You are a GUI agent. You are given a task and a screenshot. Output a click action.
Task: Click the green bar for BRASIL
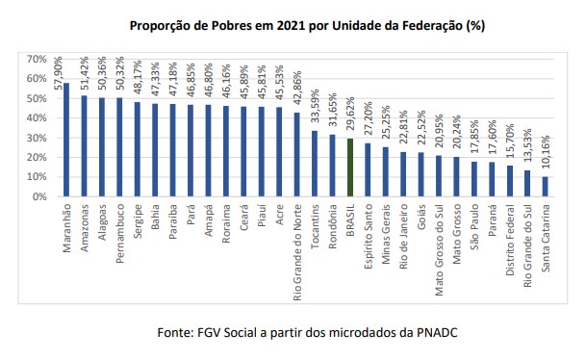pos(350,167)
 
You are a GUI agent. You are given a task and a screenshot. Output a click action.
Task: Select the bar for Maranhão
pos(66,140)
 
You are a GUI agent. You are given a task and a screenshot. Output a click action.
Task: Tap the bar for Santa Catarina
pos(545,187)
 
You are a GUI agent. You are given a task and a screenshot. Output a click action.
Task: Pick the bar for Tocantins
pos(315,164)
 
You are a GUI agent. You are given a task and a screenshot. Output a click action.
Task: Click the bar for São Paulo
pos(473,179)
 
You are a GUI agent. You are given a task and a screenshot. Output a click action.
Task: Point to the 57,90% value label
pos(58,73)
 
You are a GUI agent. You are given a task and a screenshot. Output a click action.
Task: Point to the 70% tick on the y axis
pos(37,59)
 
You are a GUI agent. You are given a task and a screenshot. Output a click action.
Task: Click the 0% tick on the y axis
pos(39,196)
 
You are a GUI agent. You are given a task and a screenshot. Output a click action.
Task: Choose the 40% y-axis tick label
pos(37,118)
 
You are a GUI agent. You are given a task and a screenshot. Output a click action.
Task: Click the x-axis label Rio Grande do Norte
pos(297,252)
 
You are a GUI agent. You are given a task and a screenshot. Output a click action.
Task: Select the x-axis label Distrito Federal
pos(510,240)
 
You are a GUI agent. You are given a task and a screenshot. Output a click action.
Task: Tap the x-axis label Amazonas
pos(85,228)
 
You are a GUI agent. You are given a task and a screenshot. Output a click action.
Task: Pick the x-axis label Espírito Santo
pos(369,236)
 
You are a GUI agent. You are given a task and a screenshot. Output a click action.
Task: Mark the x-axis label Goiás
pos(421,217)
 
